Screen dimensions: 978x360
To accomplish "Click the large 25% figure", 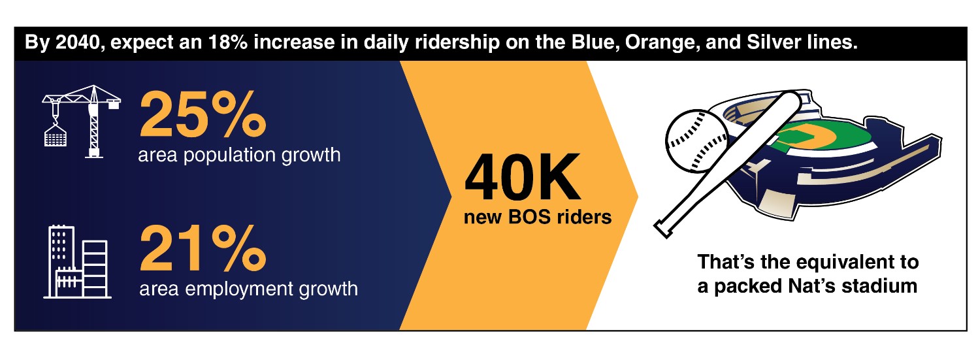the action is tap(203, 114).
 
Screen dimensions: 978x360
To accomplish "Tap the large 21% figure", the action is tap(203, 248).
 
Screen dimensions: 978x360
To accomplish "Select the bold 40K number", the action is tap(522, 177).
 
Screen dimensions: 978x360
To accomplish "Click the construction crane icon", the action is tap(81, 121).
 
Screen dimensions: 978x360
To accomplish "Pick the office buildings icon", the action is tap(77, 262).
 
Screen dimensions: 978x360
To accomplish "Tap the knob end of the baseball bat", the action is tap(663, 229).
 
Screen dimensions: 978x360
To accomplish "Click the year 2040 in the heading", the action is tap(80, 42).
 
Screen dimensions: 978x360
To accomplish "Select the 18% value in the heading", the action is tap(228, 42).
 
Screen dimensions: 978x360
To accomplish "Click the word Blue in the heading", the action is tap(593, 42).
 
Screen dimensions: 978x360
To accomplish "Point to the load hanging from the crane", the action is tap(56, 135).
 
